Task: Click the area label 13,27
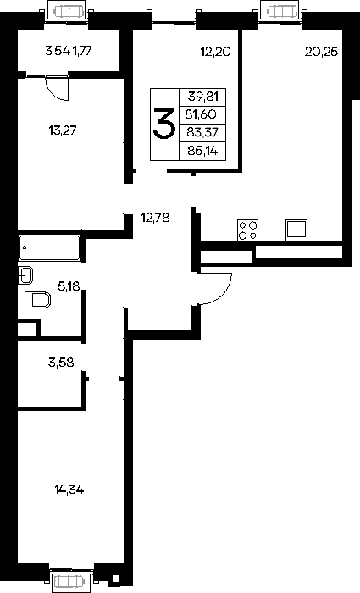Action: point(63,130)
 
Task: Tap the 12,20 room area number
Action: point(215,52)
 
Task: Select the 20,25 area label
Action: point(321,52)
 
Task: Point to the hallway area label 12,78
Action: point(155,218)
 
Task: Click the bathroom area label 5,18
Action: point(69,286)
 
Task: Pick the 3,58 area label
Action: point(61,363)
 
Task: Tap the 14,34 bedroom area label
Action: point(69,490)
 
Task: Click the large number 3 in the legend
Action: point(164,124)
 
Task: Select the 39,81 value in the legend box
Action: point(203,97)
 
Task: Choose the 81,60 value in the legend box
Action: point(201,114)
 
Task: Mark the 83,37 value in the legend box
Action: point(203,132)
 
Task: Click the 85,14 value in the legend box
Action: point(202,152)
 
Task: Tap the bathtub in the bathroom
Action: point(49,248)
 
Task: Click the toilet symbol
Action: point(38,300)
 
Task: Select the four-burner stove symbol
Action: point(248,230)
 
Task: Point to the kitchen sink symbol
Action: point(296,230)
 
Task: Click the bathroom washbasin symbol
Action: point(25,275)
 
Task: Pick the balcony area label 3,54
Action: point(58,51)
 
